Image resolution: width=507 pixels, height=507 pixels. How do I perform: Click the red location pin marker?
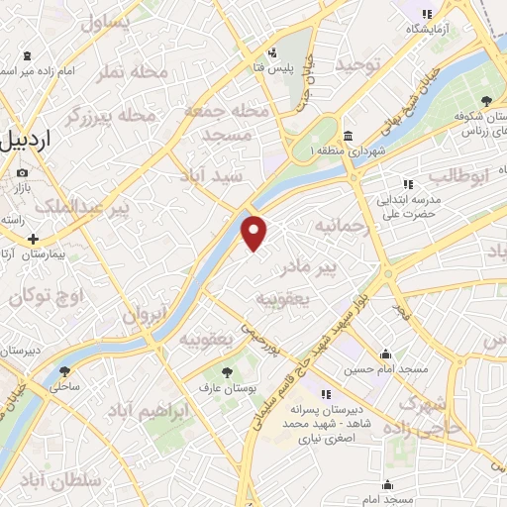[255, 233]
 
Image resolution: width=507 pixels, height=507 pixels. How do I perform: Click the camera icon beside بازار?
[22, 173]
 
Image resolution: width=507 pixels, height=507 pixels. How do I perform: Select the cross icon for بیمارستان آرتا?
[34, 239]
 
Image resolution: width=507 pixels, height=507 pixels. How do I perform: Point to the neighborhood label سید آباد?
[210, 174]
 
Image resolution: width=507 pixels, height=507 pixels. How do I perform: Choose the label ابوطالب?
[458, 177]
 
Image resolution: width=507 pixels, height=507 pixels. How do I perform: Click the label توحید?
[357, 64]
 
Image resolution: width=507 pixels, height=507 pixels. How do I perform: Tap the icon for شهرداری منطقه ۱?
[348, 136]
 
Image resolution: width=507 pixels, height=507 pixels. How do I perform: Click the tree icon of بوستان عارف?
[228, 372]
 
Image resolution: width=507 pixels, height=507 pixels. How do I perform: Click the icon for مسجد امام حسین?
[386, 355]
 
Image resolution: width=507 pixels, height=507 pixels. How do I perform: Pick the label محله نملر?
[122, 72]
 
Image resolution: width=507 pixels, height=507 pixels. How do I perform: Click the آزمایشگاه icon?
[427, 14]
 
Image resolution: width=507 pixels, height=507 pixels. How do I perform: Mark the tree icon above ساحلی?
[65, 371]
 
